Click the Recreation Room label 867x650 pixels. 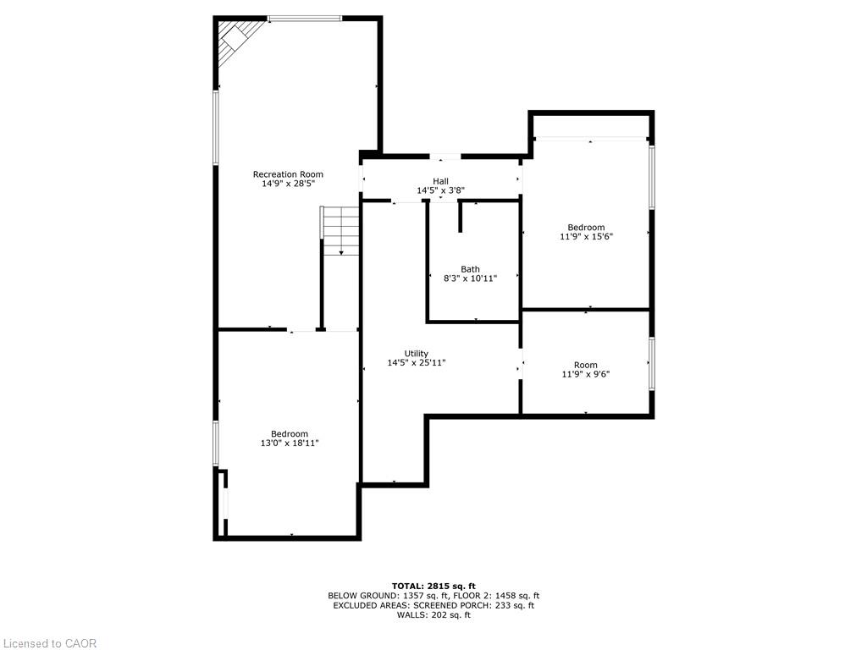coord(289,174)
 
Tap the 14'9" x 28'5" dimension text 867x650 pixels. coord(289,184)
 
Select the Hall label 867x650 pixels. coord(440,181)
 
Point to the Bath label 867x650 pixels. coord(470,269)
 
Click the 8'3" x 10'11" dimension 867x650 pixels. coord(470,278)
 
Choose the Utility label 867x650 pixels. coord(417,354)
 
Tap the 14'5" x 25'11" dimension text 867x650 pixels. coord(417,363)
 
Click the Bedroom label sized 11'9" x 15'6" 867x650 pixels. coord(586,228)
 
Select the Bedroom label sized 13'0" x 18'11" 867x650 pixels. coord(290,433)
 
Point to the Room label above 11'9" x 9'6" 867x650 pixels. coord(586,366)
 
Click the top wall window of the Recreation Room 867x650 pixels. coord(305,19)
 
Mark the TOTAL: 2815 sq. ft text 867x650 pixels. coord(433,586)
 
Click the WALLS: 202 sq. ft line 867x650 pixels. coord(433,615)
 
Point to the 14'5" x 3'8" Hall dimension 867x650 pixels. coord(440,191)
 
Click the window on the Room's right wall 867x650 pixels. coord(651,363)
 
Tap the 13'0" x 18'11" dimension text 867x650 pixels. coord(290,443)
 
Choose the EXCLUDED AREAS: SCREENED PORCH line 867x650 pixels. coord(433,605)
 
